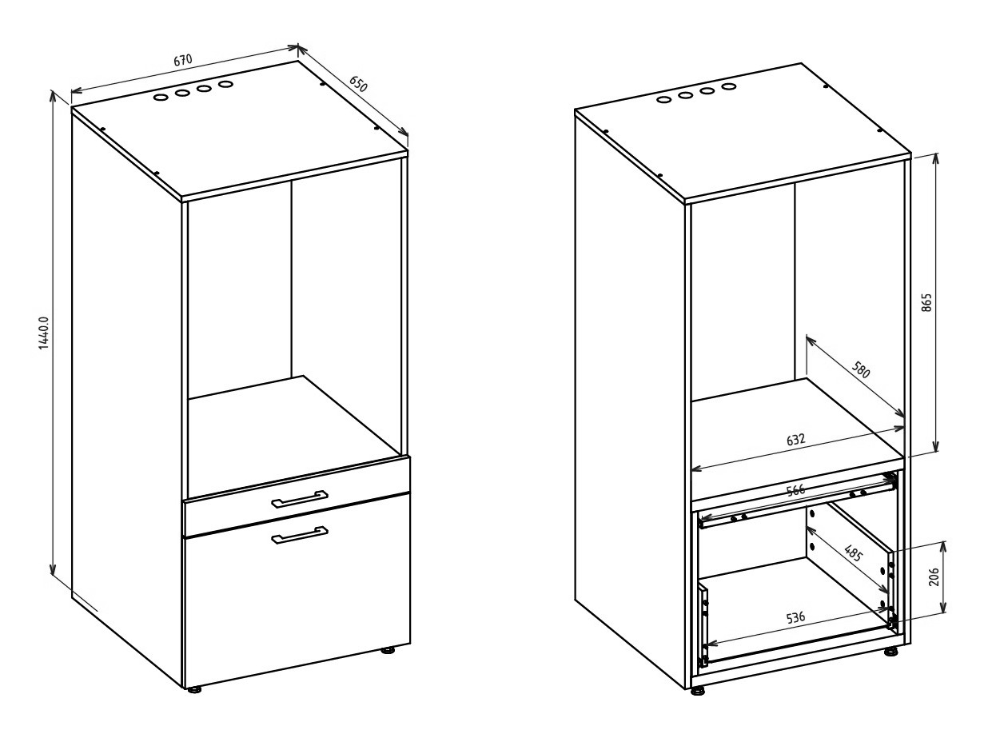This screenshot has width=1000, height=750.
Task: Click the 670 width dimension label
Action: click(183, 60)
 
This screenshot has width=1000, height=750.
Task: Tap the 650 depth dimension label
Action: click(358, 83)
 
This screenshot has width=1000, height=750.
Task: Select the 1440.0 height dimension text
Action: click(43, 333)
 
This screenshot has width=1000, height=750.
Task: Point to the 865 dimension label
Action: click(926, 302)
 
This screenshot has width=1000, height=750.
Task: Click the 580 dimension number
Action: click(861, 369)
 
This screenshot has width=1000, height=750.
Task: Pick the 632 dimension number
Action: click(796, 439)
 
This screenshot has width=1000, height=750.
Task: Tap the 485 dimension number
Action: click(853, 553)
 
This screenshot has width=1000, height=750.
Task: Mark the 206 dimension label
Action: click(934, 576)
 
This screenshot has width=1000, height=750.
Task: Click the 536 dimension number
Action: click(796, 617)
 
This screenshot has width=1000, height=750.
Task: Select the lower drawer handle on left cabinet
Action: click(299, 535)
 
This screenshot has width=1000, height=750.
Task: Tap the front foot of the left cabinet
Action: click(195, 690)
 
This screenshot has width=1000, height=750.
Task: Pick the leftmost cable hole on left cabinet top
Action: click(161, 97)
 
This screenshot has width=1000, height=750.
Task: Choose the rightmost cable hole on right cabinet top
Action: click(729, 86)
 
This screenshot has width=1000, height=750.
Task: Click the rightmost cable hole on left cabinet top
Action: click(225, 84)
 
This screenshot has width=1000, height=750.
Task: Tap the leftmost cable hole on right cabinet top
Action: click(663, 99)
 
